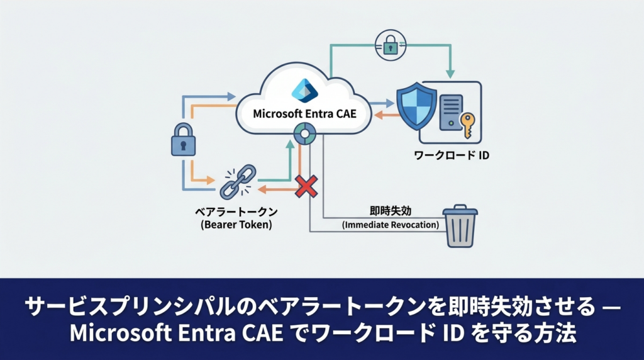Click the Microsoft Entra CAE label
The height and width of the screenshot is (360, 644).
(304, 113)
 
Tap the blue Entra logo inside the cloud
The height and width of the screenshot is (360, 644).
(304, 90)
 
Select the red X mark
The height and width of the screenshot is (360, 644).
(306, 186)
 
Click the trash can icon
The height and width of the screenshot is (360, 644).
(460, 226)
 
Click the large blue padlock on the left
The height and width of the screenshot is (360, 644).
(183, 139)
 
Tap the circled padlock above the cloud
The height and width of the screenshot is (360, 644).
(391, 45)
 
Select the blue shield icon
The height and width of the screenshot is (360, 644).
(416, 107)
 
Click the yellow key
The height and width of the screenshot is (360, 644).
(467, 125)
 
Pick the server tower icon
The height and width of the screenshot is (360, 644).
(451, 112)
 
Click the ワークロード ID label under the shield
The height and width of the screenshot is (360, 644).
(452, 155)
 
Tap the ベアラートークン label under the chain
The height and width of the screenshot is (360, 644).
(236, 212)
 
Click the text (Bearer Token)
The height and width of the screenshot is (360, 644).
(236, 225)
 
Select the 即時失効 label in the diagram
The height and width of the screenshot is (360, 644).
(390, 211)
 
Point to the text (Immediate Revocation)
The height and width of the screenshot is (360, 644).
(390, 225)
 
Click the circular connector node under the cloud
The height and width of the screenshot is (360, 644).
(305, 133)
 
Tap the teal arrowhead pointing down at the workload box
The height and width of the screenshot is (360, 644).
(450, 74)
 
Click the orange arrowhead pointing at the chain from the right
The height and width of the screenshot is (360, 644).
(262, 189)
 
